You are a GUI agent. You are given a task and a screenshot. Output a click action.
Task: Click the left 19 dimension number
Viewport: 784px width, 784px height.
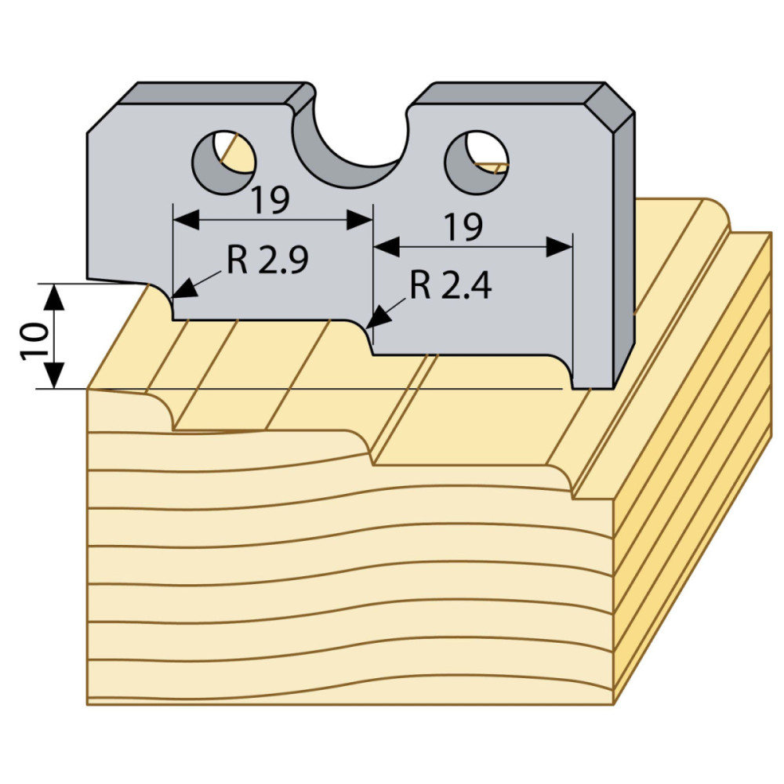(x=270, y=200)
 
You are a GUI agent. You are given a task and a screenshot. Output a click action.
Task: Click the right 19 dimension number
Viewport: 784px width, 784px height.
(x=463, y=227)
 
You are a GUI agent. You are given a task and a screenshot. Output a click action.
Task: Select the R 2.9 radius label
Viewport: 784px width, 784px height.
(x=267, y=260)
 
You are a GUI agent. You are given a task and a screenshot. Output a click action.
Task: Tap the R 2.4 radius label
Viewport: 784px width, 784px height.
(x=451, y=286)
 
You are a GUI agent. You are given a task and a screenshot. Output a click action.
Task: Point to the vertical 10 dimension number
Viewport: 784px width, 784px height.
(x=34, y=342)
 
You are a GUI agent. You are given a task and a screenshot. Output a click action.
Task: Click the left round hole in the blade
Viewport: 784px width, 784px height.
(x=223, y=162)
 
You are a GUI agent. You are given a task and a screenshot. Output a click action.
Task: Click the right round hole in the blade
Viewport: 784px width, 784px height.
(x=477, y=162)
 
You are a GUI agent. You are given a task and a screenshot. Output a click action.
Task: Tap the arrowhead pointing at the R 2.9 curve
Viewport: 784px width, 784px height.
(x=183, y=289)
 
